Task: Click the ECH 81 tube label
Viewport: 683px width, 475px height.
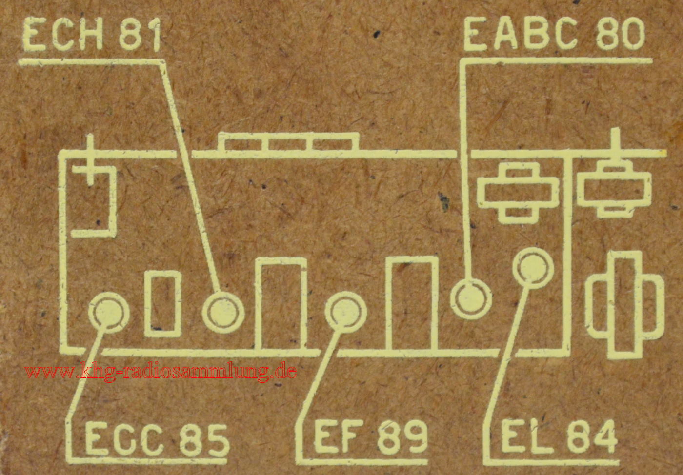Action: pyautogui.click(x=92, y=34)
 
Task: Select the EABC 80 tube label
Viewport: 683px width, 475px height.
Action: pyautogui.click(x=554, y=33)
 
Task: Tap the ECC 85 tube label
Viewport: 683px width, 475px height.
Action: pyautogui.click(x=157, y=438)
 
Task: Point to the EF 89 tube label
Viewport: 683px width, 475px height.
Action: pyautogui.click(x=370, y=436)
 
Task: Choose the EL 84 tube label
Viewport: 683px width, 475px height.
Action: pyautogui.click(x=559, y=436)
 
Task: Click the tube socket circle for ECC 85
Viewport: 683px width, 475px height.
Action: pyautogui.click(x=109, y=313)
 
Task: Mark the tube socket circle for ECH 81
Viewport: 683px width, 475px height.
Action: pyautogui.click(x=223, y=312)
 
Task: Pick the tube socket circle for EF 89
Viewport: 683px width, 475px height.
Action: pyautogui.click(x=346, y=312)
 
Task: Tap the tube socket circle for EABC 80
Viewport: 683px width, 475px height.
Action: pyautogui.click(x=471, y=299)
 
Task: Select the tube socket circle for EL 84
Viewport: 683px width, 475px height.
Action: pyautogui.click(x=533, y=268)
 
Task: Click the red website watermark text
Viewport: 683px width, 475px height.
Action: pyautogui.click(x=161, y=371)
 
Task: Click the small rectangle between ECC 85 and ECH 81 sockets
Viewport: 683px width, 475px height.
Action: pyautogui.click(x=163, y=304)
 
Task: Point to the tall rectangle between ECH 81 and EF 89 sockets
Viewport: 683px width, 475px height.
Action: pyautogui.click(x=281, y=304)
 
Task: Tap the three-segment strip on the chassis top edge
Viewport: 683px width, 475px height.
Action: pyautogui.click(x=289, y=142)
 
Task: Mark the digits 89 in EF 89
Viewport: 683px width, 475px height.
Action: pyautogui.click(x=402, y=437)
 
